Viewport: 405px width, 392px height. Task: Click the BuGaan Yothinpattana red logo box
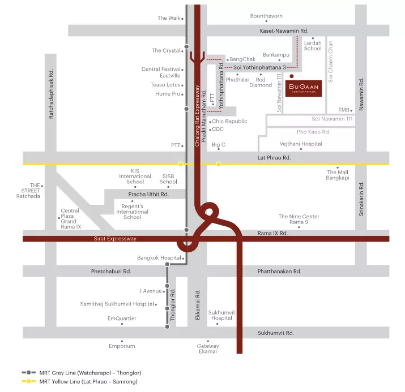[304, 88]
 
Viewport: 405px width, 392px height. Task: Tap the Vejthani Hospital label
[301, 144]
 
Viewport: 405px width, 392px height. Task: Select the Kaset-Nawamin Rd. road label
[284, 31]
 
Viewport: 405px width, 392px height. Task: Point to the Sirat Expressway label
[115, 239]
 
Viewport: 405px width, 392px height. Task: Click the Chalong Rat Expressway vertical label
[197, 116]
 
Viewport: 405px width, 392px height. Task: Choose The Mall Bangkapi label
[338, 175]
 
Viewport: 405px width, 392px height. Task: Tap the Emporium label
[122, 346]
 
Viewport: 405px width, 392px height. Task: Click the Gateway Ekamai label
[208, 348]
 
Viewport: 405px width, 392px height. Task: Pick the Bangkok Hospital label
[159, 258]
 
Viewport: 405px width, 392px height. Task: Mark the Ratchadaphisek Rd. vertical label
[51, 94]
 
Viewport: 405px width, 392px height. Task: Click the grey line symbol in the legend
[29, 373]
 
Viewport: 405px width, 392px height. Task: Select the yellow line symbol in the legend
[29, 381]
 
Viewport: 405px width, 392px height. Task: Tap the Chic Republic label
[229, 121]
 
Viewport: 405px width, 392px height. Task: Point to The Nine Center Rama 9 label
[299, 219]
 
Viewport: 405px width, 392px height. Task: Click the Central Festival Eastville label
[161, 72]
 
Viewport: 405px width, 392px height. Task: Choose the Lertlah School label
[313, 46]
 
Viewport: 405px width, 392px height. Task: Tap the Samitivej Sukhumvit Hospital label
[117, 304]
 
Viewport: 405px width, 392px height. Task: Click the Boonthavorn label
[266, 16]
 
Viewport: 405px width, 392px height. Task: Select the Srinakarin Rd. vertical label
[361, 199]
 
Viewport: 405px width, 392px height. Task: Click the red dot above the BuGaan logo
[292, 76]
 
